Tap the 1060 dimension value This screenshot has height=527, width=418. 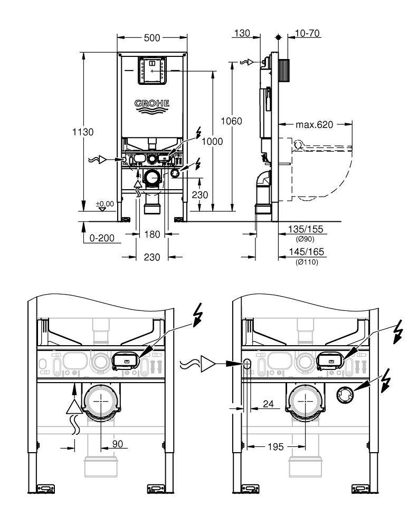coord(231,121)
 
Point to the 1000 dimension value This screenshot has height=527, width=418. coord(212,141)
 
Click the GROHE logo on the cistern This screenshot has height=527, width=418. coord(151,104)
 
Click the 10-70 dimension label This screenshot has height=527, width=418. coord(308,33)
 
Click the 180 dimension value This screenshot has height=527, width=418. coord(151,234)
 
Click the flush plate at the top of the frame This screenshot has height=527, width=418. coord(151,71)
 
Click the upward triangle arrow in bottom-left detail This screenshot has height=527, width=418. coord(75,405)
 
